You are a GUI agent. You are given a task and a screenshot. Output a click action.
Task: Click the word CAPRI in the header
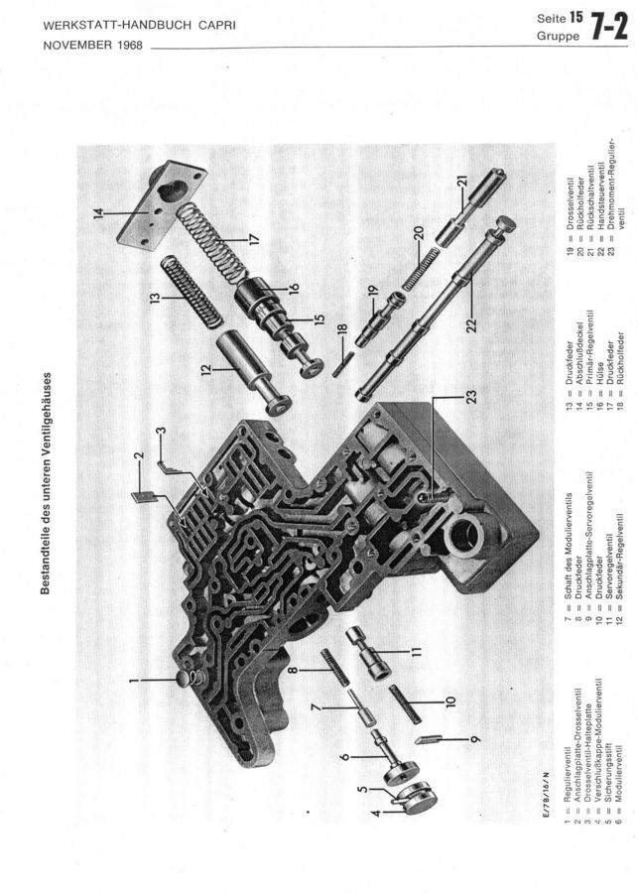click(x=217, y=26)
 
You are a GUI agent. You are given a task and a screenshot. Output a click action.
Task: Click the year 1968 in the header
click(x=130, y=45)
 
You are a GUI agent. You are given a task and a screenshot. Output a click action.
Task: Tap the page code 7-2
click(x=609, y=28)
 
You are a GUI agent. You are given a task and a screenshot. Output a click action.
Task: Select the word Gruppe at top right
click(x=559, y=36)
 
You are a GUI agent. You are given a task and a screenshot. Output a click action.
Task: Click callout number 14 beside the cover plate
click(x=98, y=214)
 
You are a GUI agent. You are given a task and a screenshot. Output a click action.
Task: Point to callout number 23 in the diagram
click(x=470, y=397)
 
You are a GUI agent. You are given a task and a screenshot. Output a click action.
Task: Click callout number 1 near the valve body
click(x=132, y=679)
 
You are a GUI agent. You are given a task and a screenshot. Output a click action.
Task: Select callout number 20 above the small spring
click(x=419, y=233)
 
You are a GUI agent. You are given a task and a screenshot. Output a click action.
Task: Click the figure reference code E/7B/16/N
click(x=548, y=796)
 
